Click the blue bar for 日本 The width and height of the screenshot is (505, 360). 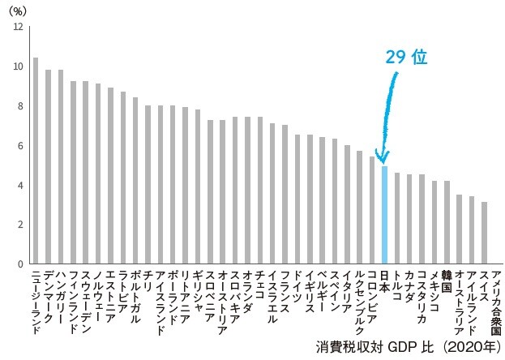coord(385,215)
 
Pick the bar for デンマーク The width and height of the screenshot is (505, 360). coord(48,166)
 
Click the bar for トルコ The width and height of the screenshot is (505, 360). coord(397,218)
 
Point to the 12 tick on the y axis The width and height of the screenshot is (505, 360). coord(19,27)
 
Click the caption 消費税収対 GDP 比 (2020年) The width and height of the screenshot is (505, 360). coord(404,347)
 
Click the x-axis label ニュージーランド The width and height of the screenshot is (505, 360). coord(36,301)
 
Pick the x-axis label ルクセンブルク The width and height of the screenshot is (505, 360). coord(360,301)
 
